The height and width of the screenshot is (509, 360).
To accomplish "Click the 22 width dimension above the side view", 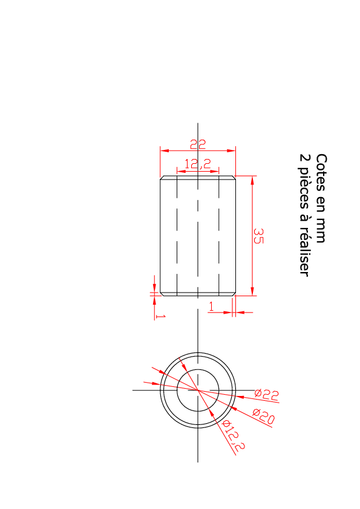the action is tap(198, 144).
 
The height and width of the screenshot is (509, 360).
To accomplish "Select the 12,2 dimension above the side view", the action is tap(198, 164).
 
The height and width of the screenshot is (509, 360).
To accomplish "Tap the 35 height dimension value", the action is tap(258, 236).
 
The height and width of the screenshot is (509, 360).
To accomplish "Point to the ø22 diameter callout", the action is tap(267, 394).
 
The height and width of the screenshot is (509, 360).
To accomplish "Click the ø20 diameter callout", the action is tap(264, 417).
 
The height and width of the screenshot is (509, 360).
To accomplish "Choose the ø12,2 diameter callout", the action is tap(234, 436).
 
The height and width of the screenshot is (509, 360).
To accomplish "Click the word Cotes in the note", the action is tap(321, 173).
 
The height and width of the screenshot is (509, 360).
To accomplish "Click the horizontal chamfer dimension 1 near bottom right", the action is tap(212, 306).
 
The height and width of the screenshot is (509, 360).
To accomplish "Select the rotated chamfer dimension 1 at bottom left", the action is tap(160, 316).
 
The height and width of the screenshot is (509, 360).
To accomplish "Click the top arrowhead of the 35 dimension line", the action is tap(252, 180).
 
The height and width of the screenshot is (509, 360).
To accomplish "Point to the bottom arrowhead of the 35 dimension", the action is tap(252, 291).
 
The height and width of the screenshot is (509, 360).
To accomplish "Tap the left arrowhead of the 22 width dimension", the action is tap(165, 151).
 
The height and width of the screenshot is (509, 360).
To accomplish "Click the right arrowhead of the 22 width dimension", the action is tap(231, 151).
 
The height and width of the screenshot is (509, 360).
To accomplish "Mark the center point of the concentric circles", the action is tap(198, 390).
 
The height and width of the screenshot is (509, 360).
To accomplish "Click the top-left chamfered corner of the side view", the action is tap(162, 178).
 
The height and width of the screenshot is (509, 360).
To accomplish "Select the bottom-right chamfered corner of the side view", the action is tap(234, 294).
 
